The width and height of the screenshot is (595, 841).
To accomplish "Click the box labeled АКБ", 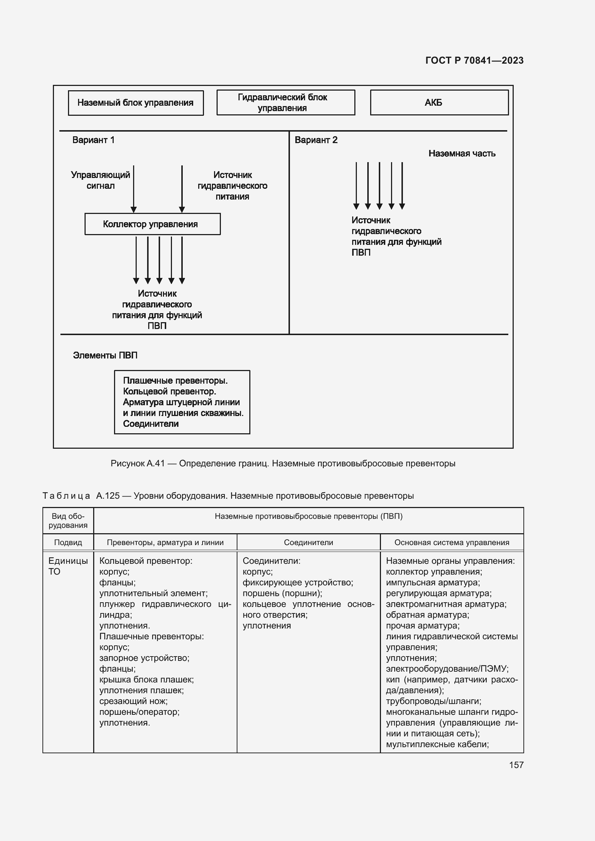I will coord(439,102).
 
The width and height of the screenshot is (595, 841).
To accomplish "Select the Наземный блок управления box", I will coord(136,103).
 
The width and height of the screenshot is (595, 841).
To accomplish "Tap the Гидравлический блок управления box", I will coord(286,102).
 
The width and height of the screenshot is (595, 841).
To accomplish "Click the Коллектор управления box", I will coord(153,224).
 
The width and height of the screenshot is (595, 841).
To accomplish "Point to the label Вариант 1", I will coord(94,140).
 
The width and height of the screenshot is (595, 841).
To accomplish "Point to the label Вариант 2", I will coord(316,140).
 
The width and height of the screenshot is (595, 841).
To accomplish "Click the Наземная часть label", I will coord(462,154).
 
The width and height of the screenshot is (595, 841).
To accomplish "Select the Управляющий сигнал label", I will coord(100,180).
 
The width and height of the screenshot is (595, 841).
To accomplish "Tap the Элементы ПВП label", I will coord(105,355).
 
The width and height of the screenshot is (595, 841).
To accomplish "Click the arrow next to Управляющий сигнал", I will coord(134,189).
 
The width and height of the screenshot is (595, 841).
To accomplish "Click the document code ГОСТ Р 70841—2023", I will coord(474,60).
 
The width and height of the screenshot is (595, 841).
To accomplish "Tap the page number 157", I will coord(516,765).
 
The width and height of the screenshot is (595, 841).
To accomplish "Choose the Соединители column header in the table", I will coord(309,543).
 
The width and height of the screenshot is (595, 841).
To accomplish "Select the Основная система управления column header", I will coord(452,543).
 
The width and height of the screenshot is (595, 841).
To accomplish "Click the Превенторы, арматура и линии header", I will coord(165,543).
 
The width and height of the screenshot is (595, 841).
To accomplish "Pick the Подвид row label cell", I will coord(68,543).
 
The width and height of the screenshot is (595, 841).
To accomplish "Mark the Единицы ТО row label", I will coord(68,566).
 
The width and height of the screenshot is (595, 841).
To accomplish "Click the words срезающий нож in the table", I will coord(133,701).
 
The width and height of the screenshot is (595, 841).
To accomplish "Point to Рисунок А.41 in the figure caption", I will coord(138,464).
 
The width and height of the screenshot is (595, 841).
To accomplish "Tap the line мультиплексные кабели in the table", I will coord(437,744).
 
